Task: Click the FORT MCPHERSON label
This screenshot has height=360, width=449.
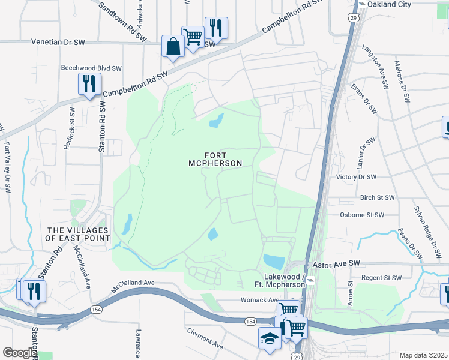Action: click(215, 158)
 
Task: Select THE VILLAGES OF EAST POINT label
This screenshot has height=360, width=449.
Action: click(79, 234)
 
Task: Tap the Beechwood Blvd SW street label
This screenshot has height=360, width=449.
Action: click(91, 68)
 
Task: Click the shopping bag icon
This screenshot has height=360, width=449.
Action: click(173, 47)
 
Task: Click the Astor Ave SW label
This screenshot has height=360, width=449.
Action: click(336, 263)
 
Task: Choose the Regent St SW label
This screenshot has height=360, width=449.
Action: click(380, 278)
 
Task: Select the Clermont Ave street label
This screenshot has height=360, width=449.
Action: click(205, 338)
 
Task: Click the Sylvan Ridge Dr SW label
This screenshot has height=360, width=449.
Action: click(424, 229)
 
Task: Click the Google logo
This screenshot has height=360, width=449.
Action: click(19, 353)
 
